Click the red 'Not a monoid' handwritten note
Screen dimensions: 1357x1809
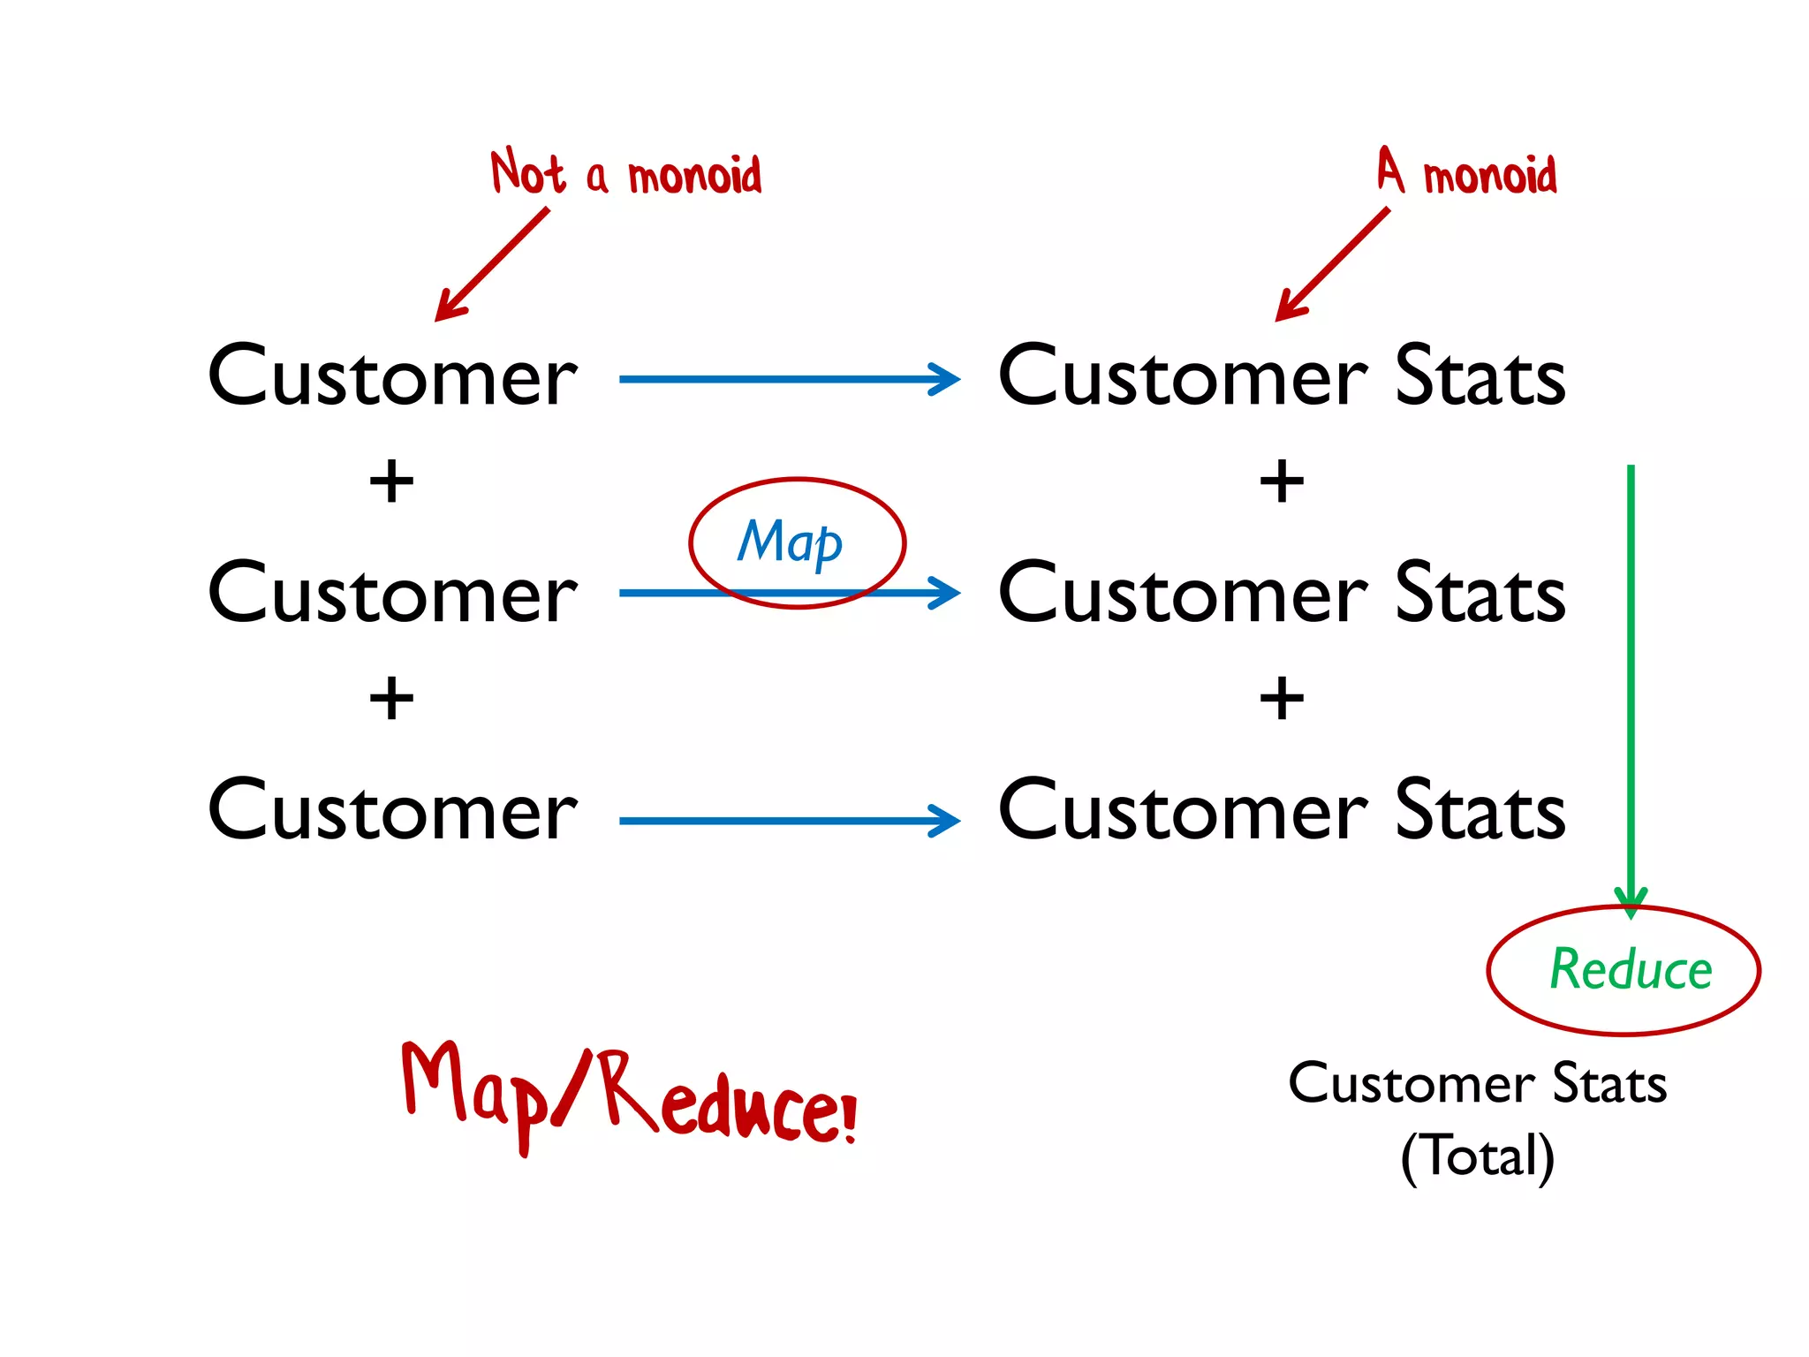click(x=625, y=173)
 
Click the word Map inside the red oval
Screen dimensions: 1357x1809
click(x=790, y=542)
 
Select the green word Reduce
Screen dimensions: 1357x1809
click(x=1631, y=969)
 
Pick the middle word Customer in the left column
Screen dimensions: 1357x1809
click(x=392, y=594)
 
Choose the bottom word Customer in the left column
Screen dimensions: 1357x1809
click(x=392, y=811)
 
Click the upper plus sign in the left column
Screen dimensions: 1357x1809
click(x=391, y=482)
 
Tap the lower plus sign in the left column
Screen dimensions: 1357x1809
click(x=391, y=699)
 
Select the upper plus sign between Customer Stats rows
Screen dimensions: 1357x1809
click(x=1282, y=482)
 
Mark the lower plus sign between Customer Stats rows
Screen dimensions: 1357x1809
click(x=1282, y=699)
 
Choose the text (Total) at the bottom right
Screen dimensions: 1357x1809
click(x=1477, y=1156)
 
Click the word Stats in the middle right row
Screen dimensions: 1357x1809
click(x=1480, y=594)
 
